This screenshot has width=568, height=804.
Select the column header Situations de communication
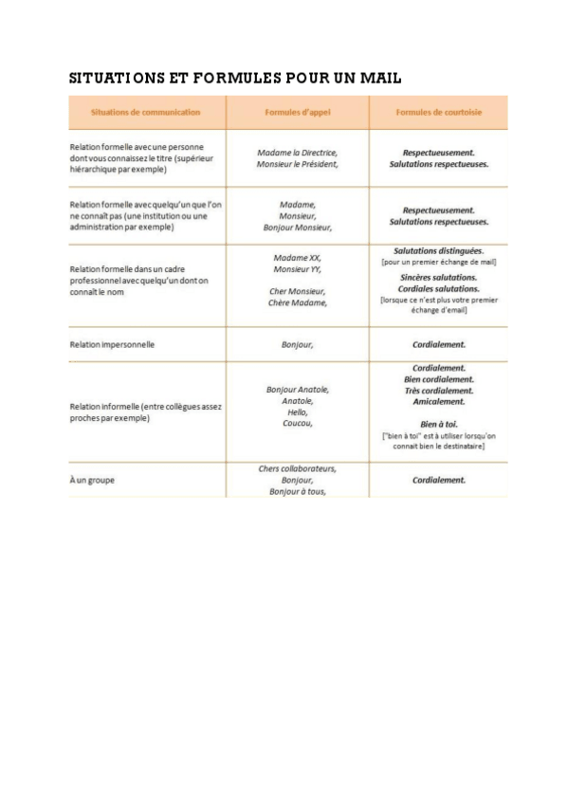(x=145, y=113)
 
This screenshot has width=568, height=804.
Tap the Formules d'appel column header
(x=297, y=113)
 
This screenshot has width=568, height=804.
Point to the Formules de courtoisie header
(x=438, y=113)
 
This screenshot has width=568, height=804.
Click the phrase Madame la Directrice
(x=297, y=152)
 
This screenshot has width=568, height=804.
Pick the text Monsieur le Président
(x=297, y=164)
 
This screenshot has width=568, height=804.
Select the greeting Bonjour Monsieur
(x=297, y=228)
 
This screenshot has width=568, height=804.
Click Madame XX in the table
(x=297, y=257)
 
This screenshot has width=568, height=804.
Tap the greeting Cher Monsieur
(x=297, y=291)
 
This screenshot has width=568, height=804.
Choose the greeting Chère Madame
(x=297, y=303)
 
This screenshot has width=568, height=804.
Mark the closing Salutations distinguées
(x=438, y=250)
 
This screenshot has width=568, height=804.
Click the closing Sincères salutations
(x=438, y=276)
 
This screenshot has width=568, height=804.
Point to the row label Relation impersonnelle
(x=112, y=344)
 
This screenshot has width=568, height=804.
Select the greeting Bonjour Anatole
(x=297, y=390)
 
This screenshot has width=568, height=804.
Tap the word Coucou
(x=297, y=424)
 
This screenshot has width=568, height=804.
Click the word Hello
(x=297, y=412)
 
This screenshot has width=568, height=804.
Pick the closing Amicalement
(x=438, y=402)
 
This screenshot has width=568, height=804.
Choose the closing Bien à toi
(x=438, y=424)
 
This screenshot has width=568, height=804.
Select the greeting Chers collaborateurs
(x=297, y=468)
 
